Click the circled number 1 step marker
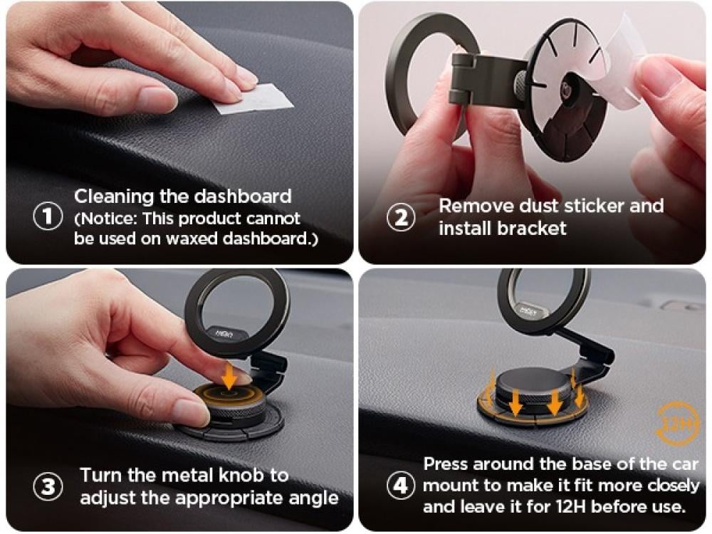tap(48, 216)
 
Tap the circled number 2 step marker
tap(400, 217)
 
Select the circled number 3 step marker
tap(48, 486)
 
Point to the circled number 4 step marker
tap(400, 485)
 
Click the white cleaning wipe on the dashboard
tap(253, 98)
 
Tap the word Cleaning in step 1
tap(114, 197)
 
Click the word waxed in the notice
tap(192, 239)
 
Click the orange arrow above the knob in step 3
tap(230, 376)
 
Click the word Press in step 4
tap(446, 464)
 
